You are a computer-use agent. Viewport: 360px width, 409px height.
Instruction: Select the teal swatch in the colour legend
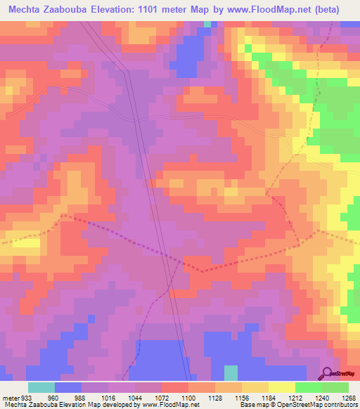pos(41,388)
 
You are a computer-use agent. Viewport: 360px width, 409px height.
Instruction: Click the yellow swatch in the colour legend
pos(282,388)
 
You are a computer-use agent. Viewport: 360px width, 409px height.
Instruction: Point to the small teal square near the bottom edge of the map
pos(231,372)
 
